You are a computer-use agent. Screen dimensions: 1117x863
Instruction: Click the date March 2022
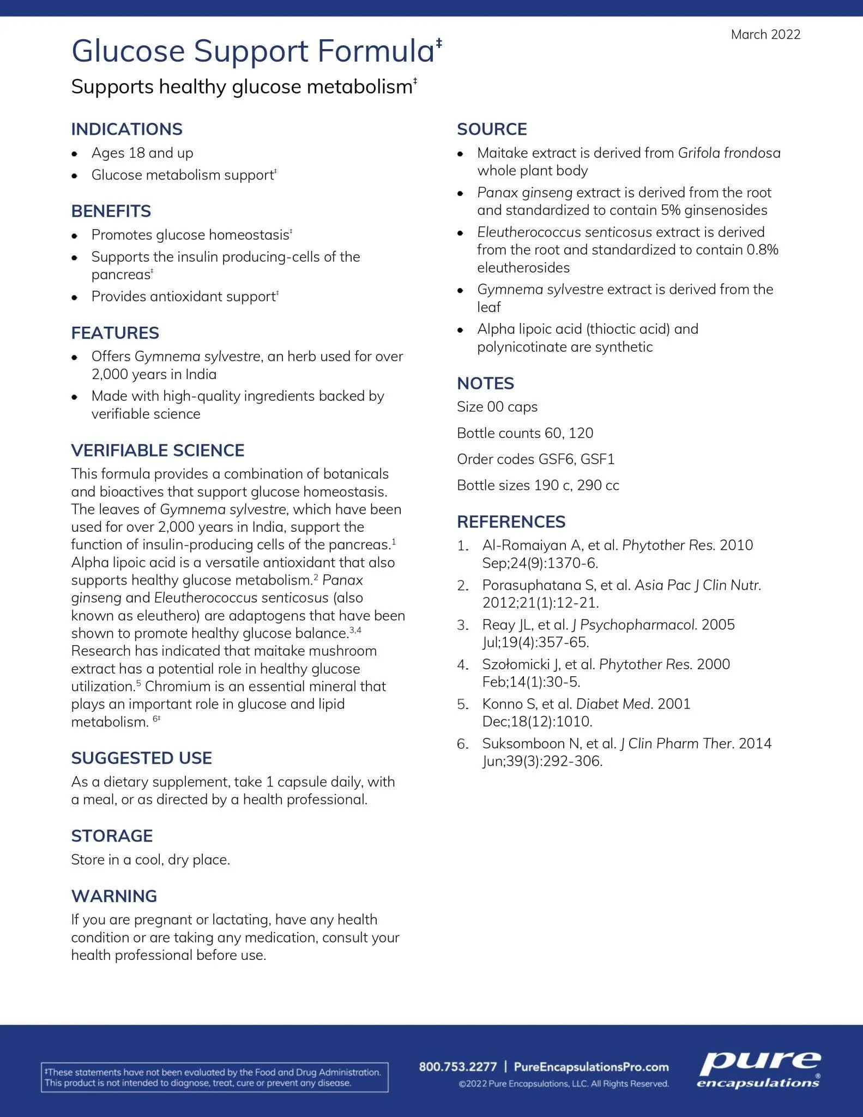pos(765,35)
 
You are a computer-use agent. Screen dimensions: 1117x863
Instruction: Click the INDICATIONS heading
pos(126,129)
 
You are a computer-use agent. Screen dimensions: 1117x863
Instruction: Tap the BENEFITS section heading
pos(111,211)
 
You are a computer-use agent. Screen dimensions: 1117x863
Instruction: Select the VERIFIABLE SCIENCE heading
pos(158,450)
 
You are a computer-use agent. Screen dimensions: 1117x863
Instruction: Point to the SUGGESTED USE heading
pos(141,758)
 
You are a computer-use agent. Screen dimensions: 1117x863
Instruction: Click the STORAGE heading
pos(112,836)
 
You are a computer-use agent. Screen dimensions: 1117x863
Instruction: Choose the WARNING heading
pos(114,896)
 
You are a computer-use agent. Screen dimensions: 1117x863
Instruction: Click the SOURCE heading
pos(492,129)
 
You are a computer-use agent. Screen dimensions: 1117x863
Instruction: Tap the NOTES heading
pos(485,383)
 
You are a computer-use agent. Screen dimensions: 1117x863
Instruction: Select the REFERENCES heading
pos(511,522)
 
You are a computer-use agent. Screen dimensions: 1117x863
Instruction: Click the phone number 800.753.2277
pos(458,1066)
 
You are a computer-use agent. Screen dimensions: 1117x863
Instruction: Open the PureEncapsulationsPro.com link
pos(591,1066)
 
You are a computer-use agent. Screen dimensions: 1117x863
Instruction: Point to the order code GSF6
pos(556,459)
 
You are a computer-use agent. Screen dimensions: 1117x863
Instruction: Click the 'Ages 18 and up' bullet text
pos(142,153)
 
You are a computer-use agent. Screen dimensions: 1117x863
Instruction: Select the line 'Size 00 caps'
pos(497,407)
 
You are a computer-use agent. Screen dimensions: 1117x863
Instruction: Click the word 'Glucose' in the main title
pos(129,51)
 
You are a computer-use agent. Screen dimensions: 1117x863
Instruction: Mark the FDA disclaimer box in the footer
pos(214,1077)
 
